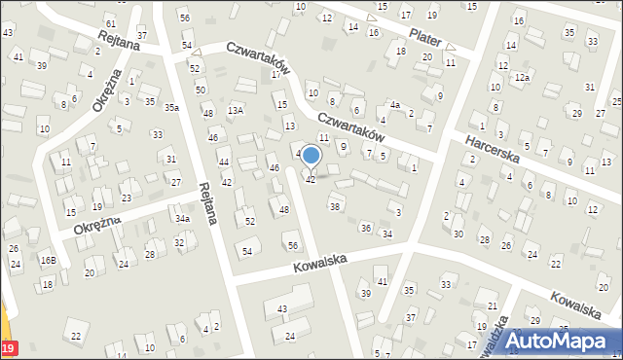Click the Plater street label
(425, 36)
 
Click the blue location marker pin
(311, 157)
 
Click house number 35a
(171, 107)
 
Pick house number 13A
(235, 111)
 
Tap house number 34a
(182, 219)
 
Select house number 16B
(48, 260)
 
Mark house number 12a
(523, 77)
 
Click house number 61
(111, 22)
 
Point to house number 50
(201, 90)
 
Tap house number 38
(335, 206)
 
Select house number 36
(366, 228)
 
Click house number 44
(224, 162)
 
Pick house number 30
(458, 234)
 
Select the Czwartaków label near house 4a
(348, 126)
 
